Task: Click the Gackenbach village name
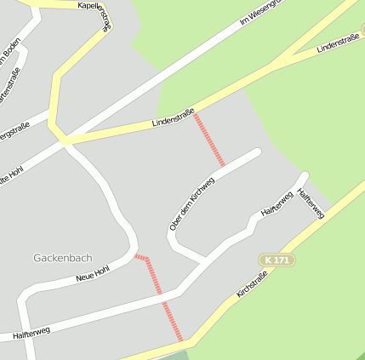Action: (62, 257)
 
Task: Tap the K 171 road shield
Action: (277, 260)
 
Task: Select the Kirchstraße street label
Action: (252, 283)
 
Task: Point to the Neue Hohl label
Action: (93, 273)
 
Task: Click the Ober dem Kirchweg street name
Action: (187, 208)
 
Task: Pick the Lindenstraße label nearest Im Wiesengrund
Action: (337, 43)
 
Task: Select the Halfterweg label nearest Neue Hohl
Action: (31, 333)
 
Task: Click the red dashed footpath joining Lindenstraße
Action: (209, 140)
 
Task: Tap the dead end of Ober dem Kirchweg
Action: (256, 152)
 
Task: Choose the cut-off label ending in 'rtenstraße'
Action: (8, 90)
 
